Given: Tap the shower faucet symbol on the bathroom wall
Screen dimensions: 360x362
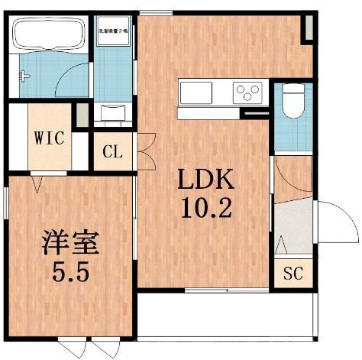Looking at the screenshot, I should (25, 76).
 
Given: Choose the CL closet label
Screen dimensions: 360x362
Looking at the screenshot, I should (112, 151).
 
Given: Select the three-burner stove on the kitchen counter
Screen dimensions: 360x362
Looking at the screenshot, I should (247, 93).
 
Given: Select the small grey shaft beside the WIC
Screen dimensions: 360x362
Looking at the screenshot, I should (81, 115).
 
